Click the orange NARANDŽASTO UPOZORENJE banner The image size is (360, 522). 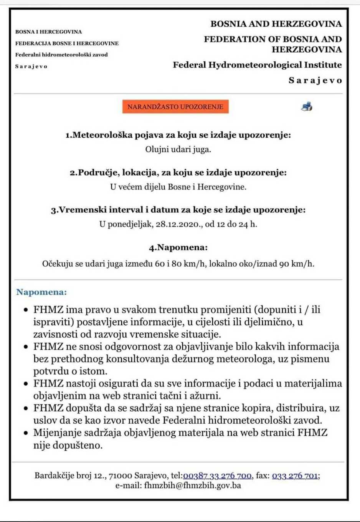click(x=175, y=107)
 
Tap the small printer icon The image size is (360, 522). click(x=307, y=106)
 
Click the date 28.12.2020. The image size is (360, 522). click(x=179, y=224)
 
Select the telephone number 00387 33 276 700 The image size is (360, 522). click(x=217, y=476)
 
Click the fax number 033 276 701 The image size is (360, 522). click(x=295, y=476)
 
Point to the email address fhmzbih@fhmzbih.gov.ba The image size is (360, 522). click(x=192, y=486)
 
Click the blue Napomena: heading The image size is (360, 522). click(x=41, y=292)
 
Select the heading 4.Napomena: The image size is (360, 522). click(x=178, y=247)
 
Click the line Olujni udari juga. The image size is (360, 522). click(x=178, y=149)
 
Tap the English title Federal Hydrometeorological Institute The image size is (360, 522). click(x=257, y=65)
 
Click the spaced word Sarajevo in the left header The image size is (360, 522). click(x=31, y=66)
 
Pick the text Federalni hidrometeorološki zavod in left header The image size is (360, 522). click(x=61, y=55)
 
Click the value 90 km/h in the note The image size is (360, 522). click(x=296, y=264)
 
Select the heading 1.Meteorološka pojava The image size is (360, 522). click(x=178, y=135)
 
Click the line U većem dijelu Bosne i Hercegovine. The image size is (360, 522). click(x=178, y=187)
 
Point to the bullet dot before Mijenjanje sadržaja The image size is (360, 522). click(x=26, y=433)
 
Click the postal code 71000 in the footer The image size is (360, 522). click(x=121, y=476)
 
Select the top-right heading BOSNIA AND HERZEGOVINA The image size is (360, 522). click(x=276, y=24)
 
